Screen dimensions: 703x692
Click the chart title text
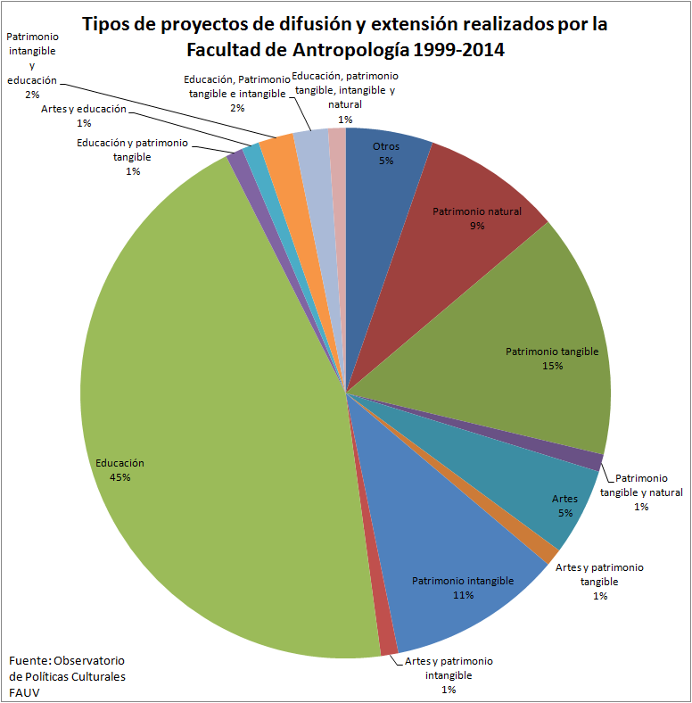pyautogui.click(x=345, y=37)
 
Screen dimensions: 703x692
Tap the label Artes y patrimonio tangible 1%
pyautogui.click(x=599, y=581)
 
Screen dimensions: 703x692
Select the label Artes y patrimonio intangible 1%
pyautogui.click(x=449, y=674)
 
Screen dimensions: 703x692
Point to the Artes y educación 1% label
pyautogui.click(x=84, y=115)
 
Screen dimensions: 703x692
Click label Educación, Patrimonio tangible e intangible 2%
pyautogui.click(x=235, y=93)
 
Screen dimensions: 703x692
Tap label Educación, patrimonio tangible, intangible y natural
pyautogui.click(x=345, y=96)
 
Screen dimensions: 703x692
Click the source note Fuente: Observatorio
pyautogui.click(x=67, y=660)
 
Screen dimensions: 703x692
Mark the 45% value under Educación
pyautogui.click(x=120, y=477)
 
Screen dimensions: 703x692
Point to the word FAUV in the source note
pyautogui.click(x=24, y=692)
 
